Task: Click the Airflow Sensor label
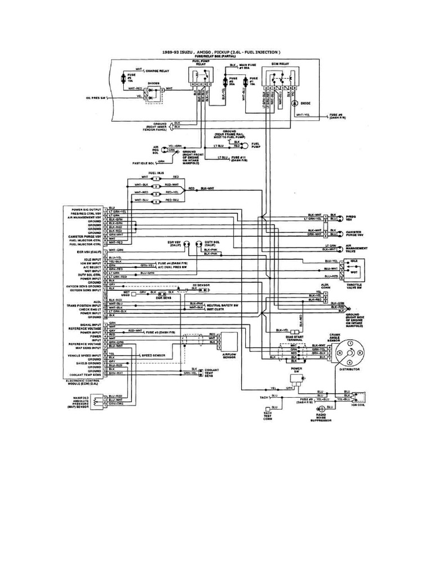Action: coord(228,357)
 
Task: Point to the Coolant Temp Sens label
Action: coord(212,373)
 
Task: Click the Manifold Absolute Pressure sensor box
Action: coord(100,400)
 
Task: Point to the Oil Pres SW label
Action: coord(96,98)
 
